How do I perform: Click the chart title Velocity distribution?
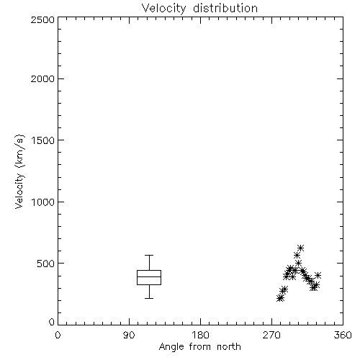[x=199, y=9]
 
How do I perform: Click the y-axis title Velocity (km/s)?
[x=19, y=171]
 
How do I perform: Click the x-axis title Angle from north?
[x=199, y=346]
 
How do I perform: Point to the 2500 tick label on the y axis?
[x=42, y=19]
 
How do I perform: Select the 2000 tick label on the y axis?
[x=42, y=78]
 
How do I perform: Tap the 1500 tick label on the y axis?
[x=43, y=140]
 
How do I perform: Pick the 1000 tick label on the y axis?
[x=43, y=202]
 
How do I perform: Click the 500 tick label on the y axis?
[x=45, y=264]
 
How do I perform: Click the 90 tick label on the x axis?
[x=129, y=335]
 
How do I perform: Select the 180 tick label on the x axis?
[x=200, y=335]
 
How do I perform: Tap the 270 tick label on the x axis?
[x=271, y=335]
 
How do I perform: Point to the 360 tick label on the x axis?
[x=343, y=335]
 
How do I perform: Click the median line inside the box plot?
[x=149, y=276]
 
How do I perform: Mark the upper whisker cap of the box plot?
[x=149, y=255]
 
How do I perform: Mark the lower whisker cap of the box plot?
[x=149, y=298]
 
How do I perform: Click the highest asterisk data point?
[x=300, y=248]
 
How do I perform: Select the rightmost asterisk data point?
[x=318, y=275]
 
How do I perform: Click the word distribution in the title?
[x=225, y=9]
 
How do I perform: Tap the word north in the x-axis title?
[x=229, y=346]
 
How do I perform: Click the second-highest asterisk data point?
[x=297, y=255]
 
